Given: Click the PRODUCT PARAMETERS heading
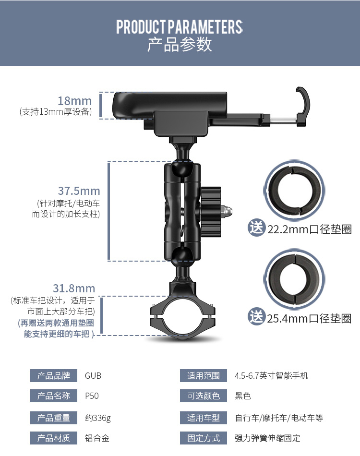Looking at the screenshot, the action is pos(180,27).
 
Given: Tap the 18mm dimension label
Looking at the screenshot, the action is pos(75,101).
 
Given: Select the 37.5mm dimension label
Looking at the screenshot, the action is pos(79,191).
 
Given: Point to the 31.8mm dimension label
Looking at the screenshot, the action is pos(74,288).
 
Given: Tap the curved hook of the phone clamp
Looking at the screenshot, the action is pos(303,106).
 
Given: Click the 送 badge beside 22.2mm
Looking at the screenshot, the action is pos(256,228).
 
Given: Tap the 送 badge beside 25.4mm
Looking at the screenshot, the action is pos(256,316).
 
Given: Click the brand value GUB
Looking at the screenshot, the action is pos(93,376).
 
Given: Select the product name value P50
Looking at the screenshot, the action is pos(92,396).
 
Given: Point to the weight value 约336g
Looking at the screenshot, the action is pos(98,418).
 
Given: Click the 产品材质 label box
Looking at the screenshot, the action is pos(54,438).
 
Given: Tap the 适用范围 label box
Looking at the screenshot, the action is pos(203,376).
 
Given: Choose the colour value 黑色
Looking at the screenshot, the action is pos(243,396).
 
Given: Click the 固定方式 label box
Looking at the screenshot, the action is pos(203,438).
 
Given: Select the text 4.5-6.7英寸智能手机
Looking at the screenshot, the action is pos(271,376).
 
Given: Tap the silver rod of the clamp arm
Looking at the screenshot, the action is pos(284,120).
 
